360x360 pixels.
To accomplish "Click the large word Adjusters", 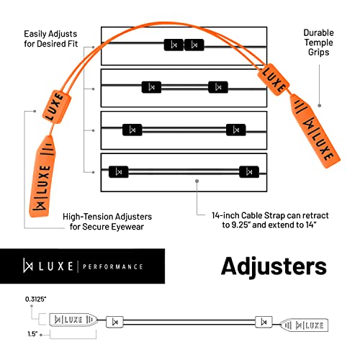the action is point(274,266).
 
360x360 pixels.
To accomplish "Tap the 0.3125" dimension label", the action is point(35,300).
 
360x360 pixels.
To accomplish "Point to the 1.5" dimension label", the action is point(32,334).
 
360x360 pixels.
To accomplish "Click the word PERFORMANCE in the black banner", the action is point(113,266).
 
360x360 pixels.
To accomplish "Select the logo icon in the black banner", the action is point(28,265).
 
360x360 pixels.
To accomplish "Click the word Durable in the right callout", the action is point(318,32).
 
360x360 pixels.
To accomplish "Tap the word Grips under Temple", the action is point(318,53).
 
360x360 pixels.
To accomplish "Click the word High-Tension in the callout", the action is point(88,217).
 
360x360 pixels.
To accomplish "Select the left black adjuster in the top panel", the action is point(174,45).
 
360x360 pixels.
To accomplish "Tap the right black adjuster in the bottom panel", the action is point(249,172).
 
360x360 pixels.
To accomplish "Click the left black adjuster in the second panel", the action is point(151,87).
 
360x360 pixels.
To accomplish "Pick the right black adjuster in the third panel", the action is point(236,130).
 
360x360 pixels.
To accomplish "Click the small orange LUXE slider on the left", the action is point(57,107).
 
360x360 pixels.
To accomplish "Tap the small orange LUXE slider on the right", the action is point(274,80).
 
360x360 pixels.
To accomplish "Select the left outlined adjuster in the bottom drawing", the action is point(114,322).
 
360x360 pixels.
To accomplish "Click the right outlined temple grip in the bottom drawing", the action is point(305,325).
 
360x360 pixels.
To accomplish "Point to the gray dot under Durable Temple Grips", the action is point(320,106).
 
